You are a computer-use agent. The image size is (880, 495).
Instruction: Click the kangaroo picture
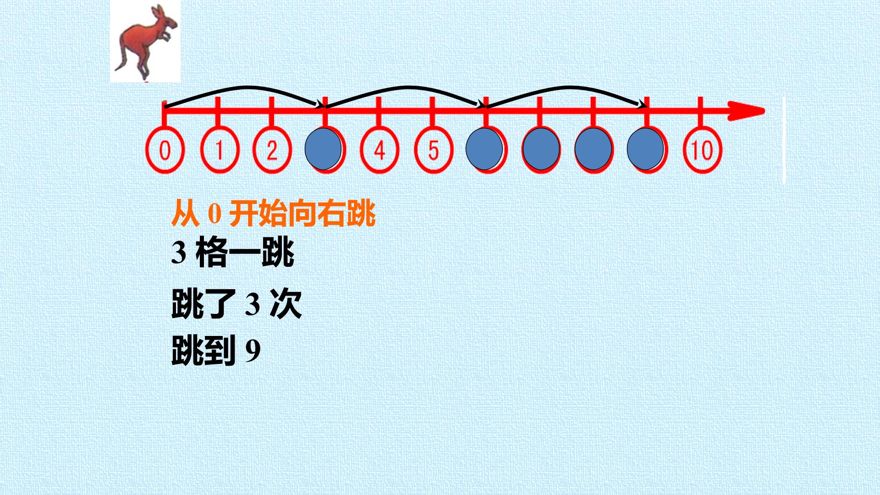click(145, 41)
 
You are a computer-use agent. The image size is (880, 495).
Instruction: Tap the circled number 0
click(165, 150)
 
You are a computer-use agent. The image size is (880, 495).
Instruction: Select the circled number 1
click(220, 150)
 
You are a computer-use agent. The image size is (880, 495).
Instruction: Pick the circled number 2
click(272, 150)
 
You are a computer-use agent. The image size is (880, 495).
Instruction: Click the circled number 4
click(379, 150)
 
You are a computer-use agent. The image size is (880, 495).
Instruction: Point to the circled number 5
click(434, 150)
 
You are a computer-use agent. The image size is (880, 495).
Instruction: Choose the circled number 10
click(702, 150)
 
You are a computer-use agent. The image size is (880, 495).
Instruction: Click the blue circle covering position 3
click(323, 149)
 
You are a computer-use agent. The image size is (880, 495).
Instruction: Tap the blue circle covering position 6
click(484, 149)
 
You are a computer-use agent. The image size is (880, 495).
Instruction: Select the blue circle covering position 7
click(541, 149)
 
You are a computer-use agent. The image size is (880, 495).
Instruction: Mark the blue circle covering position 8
click(594, 149)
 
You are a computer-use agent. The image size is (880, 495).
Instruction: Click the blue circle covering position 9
click(645, 149)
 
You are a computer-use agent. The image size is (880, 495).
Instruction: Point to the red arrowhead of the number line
click(746, 111)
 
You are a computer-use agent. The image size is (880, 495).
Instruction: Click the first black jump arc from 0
click(245, 87)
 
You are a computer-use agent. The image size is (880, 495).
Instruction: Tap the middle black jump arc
click(406, 87)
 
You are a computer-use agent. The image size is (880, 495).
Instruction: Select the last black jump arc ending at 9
click(566, 87)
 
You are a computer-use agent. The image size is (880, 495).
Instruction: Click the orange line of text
click(274, 214)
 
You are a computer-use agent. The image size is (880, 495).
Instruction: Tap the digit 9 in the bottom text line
click(253, 351)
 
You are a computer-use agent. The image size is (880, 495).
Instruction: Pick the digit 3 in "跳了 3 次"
click(253, 304)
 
